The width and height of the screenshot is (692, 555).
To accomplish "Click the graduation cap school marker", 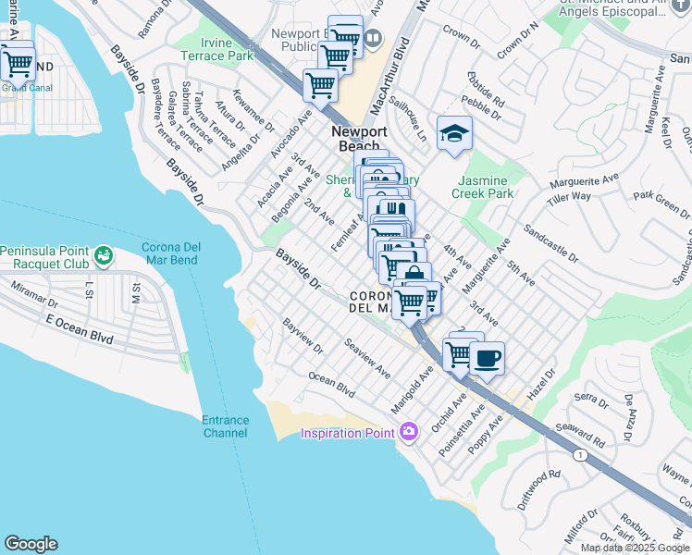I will click(454, 134).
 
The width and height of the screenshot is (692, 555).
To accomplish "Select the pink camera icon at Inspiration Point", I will click(409, 432).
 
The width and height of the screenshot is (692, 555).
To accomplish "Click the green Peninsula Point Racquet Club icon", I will click(103, 253).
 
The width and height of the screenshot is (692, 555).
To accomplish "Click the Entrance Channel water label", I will click(225, 426).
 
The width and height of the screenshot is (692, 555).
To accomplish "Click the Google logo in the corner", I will click(31, 544).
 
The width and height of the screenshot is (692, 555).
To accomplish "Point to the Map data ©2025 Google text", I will click(635, 548).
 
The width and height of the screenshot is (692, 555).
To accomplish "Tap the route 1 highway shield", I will click(579, 455).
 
